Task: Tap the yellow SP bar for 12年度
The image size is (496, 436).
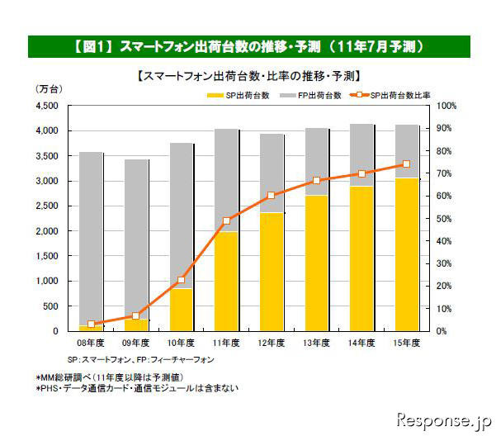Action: click(272, 272)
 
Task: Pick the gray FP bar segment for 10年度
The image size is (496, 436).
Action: click(182, 216)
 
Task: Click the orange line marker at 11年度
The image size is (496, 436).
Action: click(227, 220)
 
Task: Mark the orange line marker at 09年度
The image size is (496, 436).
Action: click(136, 315)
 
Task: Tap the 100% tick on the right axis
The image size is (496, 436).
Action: click(446, 106)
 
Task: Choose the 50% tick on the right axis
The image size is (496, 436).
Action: click(444, 219)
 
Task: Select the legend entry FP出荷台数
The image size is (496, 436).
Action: click(314, 96)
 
